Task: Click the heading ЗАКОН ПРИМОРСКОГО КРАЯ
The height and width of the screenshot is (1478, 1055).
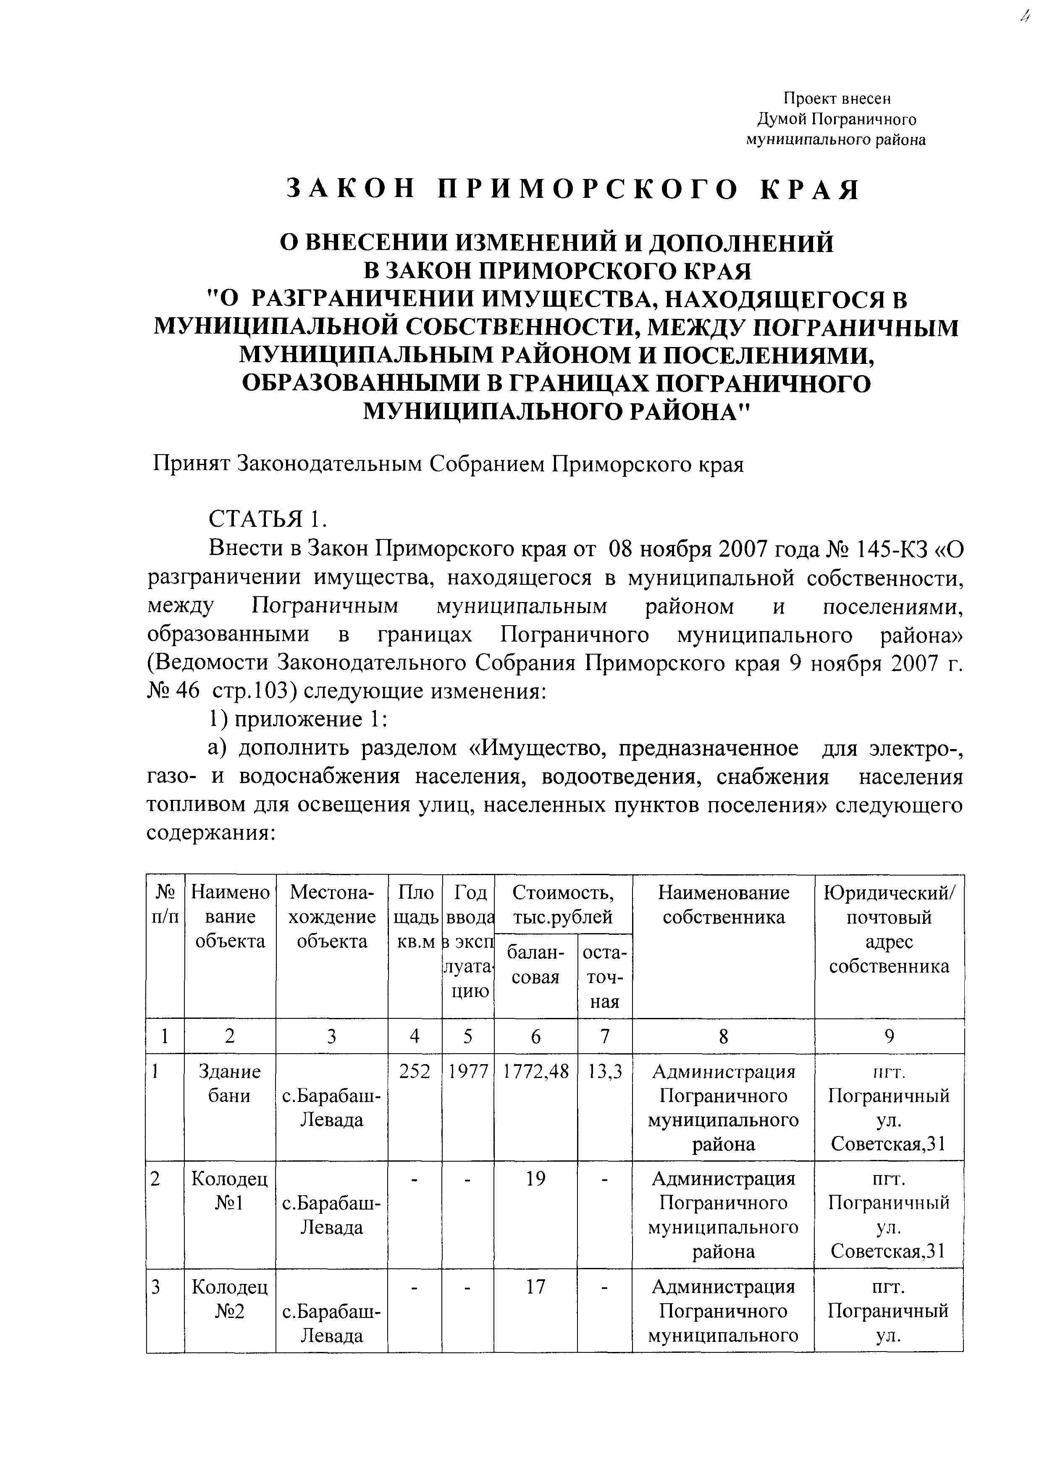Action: pos(573,189)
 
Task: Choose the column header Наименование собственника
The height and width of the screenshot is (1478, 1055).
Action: pos(723,905)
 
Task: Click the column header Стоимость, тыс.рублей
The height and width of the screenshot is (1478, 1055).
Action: pos(563,905)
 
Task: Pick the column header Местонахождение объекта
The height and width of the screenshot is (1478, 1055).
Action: pos(331,917)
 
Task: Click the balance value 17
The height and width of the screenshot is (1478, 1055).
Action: pos(535,1286)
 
